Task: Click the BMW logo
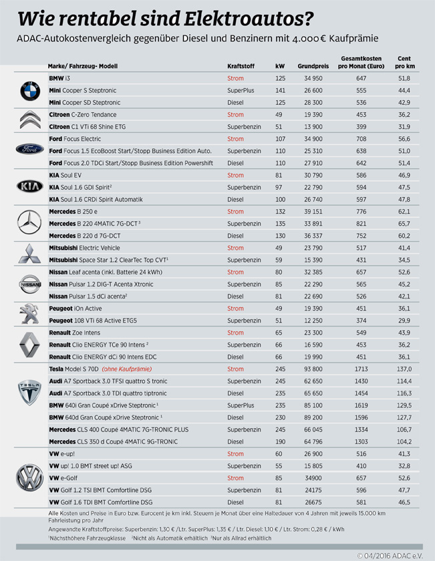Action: (x=29, y=91)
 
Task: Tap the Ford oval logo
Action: (x=29, y=150)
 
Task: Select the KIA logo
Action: (x=29, y=187)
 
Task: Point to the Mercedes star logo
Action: (x=29, y=223)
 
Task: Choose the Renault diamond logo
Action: (x=29, y=344)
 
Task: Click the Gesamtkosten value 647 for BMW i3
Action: (x=361, y=79)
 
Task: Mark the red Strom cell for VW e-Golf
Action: (x=235, y=478)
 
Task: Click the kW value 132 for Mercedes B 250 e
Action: (x=280, y=211)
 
